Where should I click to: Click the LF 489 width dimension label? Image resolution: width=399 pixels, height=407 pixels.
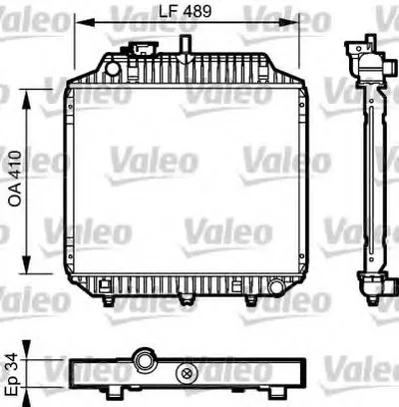point(185,11)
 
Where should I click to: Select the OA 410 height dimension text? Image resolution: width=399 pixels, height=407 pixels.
point(15,179)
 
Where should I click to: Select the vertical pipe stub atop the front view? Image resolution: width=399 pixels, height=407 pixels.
point(186,45)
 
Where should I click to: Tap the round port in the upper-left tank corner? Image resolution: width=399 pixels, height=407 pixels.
point(113,68)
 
